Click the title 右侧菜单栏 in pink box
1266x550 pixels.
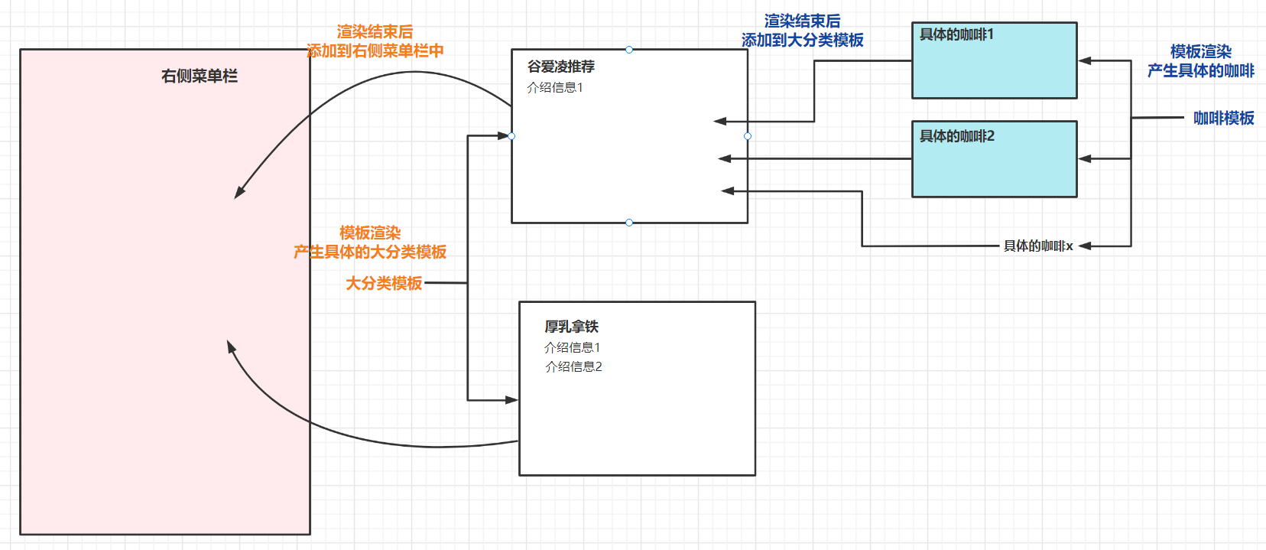click(x=200, y=76)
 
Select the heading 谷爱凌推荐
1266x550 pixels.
click(x=561, y=67)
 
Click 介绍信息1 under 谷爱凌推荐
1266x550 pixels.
click(x=555, y=87)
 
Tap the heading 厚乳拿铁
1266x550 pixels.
click(x=571, y=327)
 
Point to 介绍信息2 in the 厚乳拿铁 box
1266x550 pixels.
click(x=573, y=366)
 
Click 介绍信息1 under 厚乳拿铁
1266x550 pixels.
click(x=573, y=347)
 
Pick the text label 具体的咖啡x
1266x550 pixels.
click(x=1038, y=246)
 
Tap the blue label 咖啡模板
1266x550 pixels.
click(x=1223, y=118)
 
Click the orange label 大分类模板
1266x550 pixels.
click(x=384, y=283)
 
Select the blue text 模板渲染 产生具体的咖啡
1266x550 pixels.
click(x=1200, y=61)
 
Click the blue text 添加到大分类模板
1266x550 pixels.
click(x=802, y=40)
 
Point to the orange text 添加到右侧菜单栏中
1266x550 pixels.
click(x=375, y=50)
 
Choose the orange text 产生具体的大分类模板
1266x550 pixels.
click(x=370, y=252)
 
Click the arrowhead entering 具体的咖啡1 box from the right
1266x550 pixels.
click(x=1085, y=60)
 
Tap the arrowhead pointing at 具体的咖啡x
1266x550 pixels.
click(x=1085, y=246)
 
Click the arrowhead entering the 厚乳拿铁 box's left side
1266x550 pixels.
click(x=511, y=399)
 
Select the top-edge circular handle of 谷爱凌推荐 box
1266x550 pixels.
click(x=629, y=50)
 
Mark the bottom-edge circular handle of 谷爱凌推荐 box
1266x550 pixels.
click(x=629, y=223)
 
